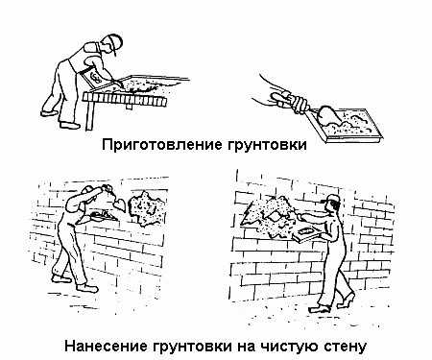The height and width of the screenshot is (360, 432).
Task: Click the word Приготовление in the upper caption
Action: coord(162,144)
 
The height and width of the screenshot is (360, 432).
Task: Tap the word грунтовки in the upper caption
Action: coord(268,145)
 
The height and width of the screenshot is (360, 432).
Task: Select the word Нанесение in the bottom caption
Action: coord(106,347)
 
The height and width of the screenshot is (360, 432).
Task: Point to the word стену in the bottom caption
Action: coord(345,347)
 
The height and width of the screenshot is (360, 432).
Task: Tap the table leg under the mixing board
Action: coord(90,114)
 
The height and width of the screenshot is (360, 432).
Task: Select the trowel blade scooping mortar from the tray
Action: coord(327,115)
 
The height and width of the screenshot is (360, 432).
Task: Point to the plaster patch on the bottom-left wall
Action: coord(146,207)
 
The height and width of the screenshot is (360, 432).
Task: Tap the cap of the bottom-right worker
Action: coord(333,199)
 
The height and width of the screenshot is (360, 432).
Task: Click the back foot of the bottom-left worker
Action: coord(61,278)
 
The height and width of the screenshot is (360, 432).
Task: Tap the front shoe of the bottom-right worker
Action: coord(320,309)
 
